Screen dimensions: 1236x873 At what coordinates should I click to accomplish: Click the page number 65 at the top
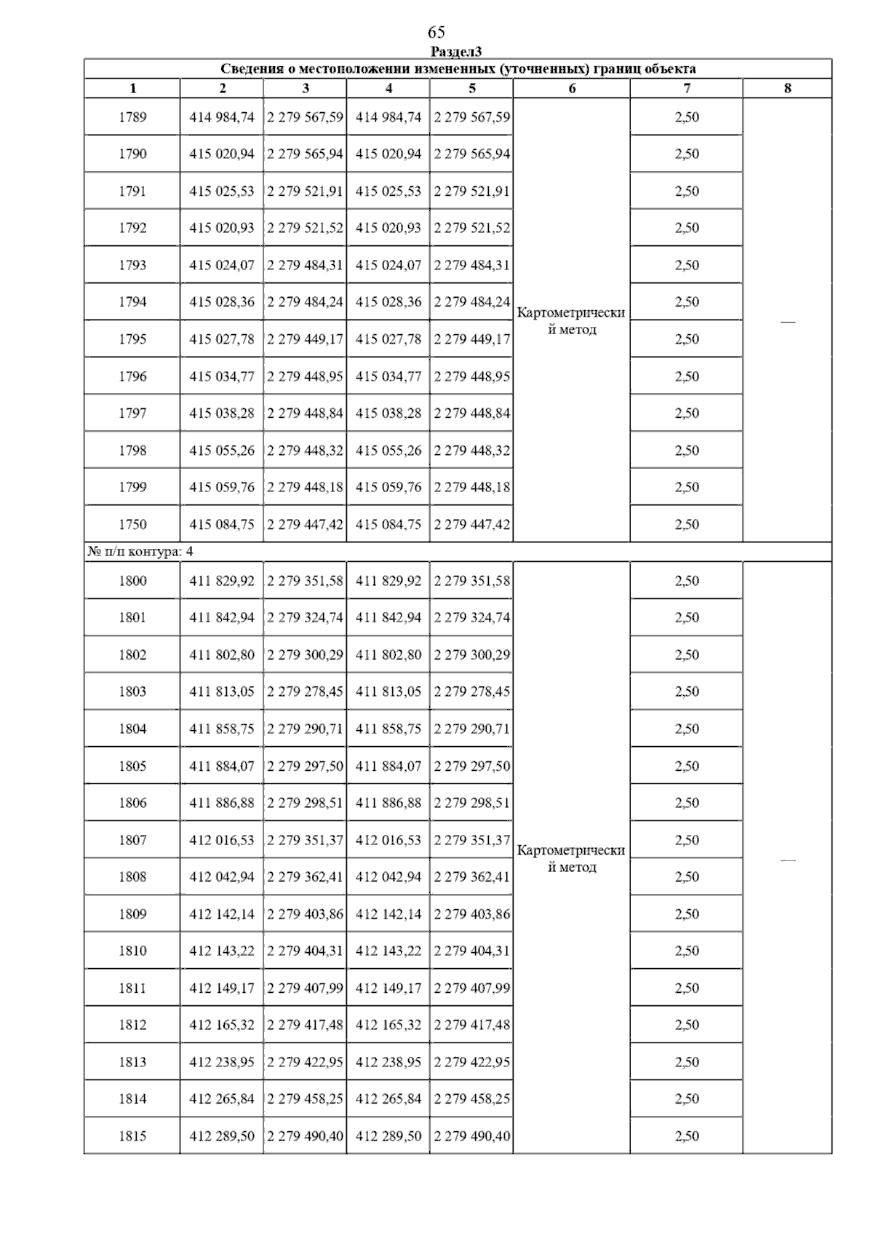tap(436, 32)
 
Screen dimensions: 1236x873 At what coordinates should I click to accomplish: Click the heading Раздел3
tap(456, 52)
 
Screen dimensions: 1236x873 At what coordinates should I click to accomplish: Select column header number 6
tap(572, 89)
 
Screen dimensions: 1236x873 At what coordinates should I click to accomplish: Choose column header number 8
tap(787, 89)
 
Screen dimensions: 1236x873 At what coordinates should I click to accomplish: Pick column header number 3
tap(305, 89)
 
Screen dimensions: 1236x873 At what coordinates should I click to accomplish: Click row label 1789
tap(132, 117)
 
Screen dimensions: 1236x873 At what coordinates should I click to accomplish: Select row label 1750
tap(132, 524)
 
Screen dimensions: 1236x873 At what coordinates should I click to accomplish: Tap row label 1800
tap(132, 581)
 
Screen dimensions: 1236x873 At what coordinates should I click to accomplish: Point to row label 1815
tap(132, 1136)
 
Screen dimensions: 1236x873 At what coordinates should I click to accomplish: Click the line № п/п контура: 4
tap(140, 552)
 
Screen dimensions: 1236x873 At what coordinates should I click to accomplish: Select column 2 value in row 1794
tap(222, 302)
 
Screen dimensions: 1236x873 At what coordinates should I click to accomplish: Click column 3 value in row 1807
tap(305, 840)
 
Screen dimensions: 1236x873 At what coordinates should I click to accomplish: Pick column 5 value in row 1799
tap(471, 487)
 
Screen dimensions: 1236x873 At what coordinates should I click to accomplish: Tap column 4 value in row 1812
tap(388, 1025)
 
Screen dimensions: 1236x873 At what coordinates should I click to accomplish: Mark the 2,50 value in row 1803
tap(687, 692)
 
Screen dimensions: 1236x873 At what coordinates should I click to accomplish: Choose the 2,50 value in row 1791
tap(687, 191)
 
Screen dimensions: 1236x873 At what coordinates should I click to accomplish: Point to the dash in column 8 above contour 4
tap(787, 321)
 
